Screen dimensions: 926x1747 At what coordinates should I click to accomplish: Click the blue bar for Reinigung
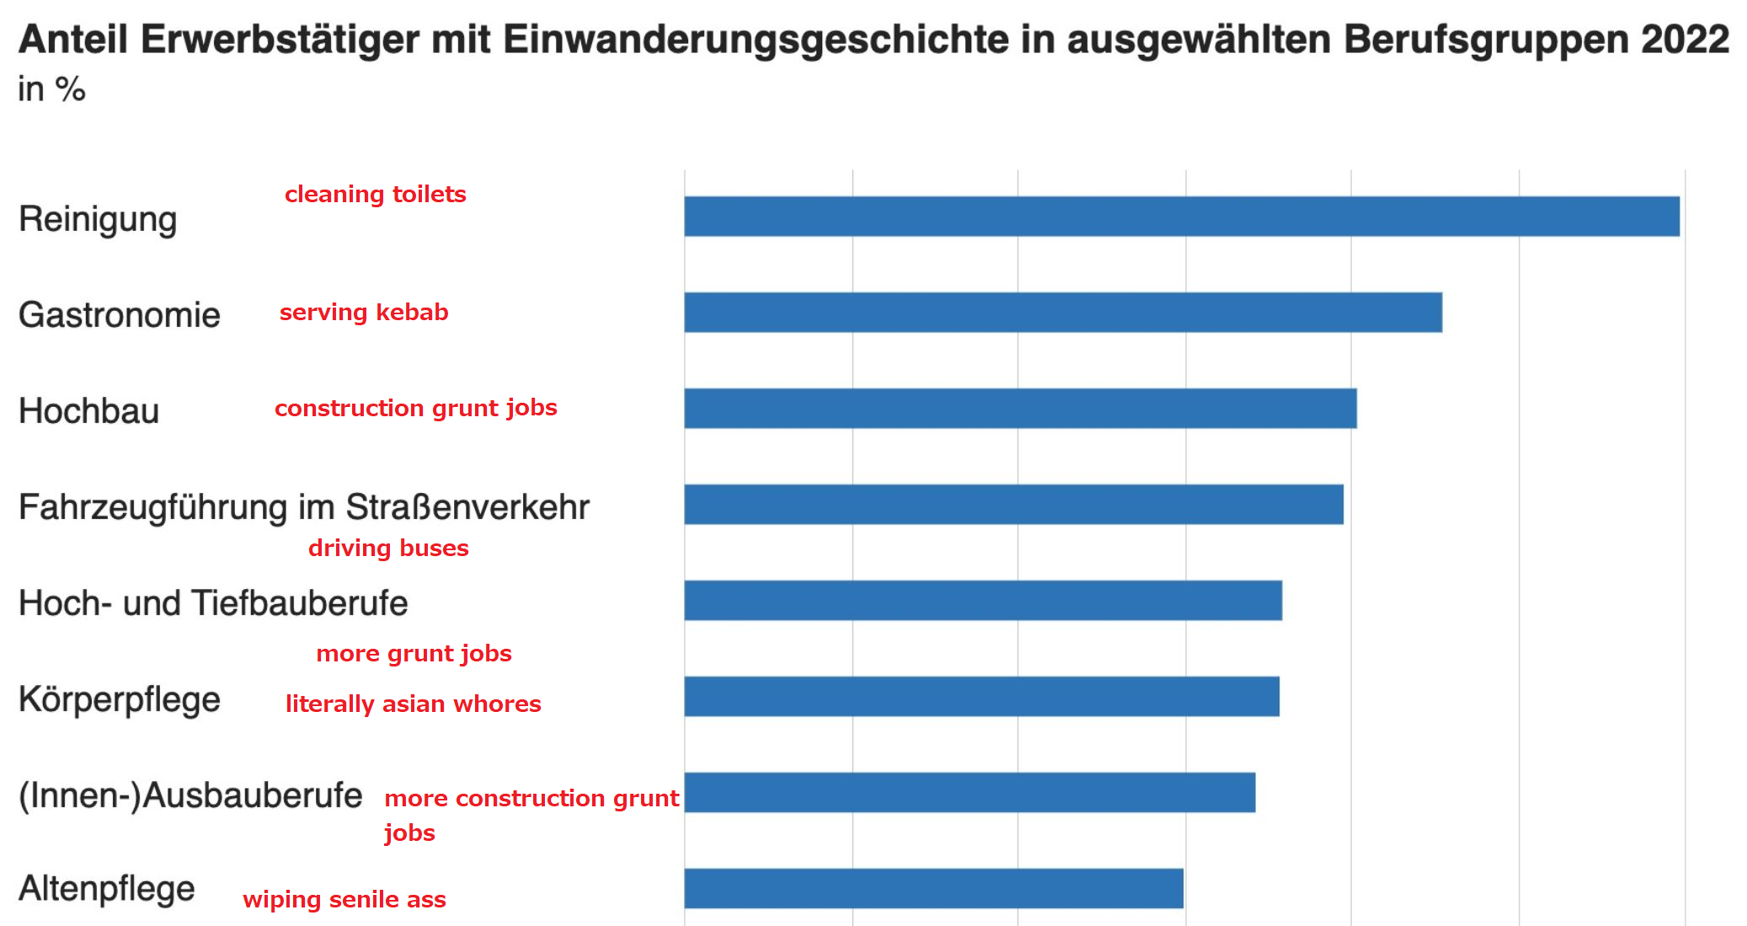(x=1181, y=217)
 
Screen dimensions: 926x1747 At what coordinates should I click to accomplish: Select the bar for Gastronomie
(x=1063, y=313)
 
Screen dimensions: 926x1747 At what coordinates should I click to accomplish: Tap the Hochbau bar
(x=1020, y=409)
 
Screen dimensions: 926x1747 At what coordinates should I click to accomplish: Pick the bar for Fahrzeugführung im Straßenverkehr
(x=1013, y=505)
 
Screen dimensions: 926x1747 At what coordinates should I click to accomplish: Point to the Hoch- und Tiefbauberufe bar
(x=983, y=601)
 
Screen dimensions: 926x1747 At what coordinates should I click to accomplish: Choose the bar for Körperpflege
(x=981, y=697)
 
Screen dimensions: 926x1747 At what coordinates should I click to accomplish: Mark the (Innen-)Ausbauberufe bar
(x=970, y=793)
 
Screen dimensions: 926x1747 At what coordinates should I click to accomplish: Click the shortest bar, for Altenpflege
(x=933, y=889)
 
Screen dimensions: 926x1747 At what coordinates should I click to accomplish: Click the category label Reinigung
(x=98, y=220)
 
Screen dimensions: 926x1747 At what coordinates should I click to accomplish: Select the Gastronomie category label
(x=119, y=315)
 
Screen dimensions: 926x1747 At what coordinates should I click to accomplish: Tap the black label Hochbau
(x=88, y=411)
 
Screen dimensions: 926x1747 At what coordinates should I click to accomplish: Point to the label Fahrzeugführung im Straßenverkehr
(x=303, y=507)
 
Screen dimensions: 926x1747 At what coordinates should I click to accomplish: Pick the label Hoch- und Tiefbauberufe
(x=213, y=603)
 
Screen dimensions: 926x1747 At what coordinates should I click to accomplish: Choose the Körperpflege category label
(x=119, y=700)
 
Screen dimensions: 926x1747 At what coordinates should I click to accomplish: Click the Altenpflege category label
(x=107, y=889)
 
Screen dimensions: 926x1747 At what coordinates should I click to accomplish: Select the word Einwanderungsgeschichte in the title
(x=756, y=40)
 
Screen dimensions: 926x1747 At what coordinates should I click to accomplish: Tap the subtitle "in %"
(x=51, y=89)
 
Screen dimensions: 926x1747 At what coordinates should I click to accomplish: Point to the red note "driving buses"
(x=388, y=549)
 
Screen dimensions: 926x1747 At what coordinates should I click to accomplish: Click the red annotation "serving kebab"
(x=364, y=313)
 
